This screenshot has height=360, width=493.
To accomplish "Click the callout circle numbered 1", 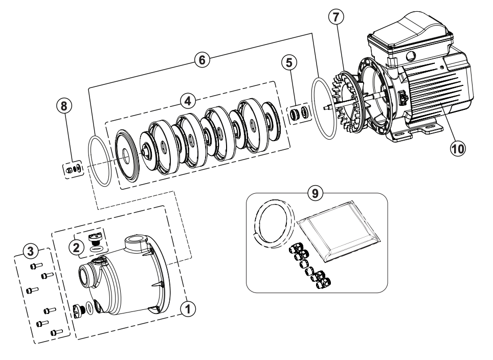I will (x=189, y=308).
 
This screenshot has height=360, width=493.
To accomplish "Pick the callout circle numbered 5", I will (x=288, y=63).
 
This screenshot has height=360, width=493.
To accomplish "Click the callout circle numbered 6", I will (x=201, y=59).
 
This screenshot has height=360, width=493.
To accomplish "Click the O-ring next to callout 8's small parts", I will (x=99, y=159).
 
